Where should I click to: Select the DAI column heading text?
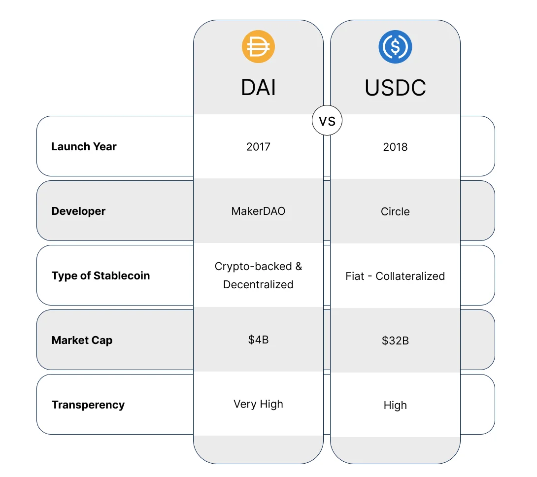(258, 88)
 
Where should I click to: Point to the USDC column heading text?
(395, 88)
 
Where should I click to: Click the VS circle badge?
(327, 121)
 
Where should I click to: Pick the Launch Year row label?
(84, 146)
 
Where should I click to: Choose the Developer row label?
(78, 211)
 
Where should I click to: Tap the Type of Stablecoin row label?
(101, 275)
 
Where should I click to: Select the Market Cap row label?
(82, 340)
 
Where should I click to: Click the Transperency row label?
(88, 405)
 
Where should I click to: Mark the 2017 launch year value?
(258, 146)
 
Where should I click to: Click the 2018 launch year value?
(395, 147)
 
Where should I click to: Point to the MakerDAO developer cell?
(258, 211)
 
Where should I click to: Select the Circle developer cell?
(395, 211)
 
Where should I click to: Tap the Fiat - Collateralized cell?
(395, 276)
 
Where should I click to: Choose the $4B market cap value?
(258, 340)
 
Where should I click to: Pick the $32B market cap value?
(395, 341)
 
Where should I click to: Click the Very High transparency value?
(258, 404)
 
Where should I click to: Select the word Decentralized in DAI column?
(258, 284)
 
